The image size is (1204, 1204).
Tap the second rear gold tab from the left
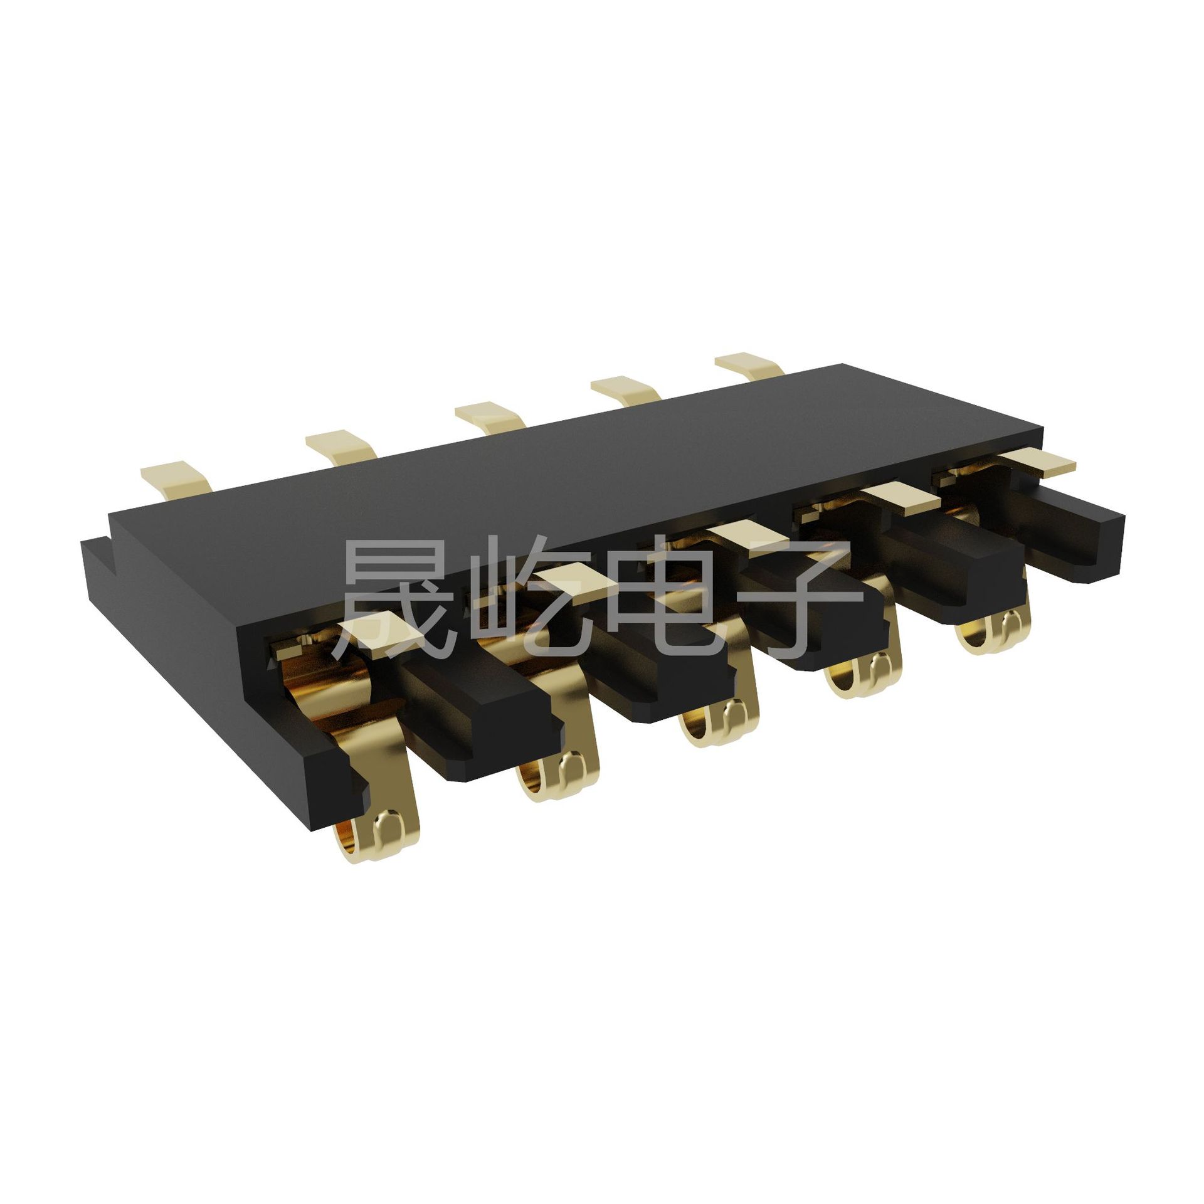(342, 446)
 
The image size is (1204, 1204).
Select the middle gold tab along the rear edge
(490, 416)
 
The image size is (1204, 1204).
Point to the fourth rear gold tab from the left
(627, 389)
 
